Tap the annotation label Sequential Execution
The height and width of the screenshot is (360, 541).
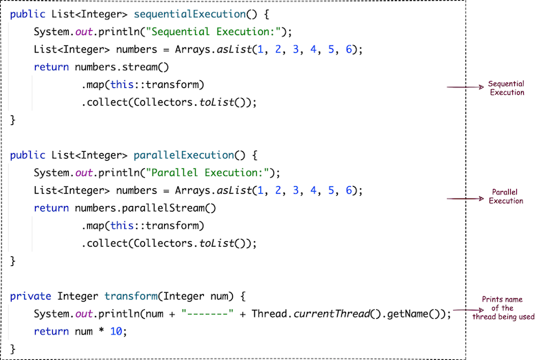[x=506, y=88]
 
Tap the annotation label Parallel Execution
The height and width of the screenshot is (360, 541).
[x=506, y=196]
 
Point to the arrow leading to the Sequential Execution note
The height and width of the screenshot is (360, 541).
[x=465, y=87]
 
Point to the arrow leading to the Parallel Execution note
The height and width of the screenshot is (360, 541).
[x=465, y=199]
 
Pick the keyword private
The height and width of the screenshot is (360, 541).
[x=31, y=296]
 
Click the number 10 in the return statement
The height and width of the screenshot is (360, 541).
[x=120, y=332]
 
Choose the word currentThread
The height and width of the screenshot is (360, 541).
[x=328, y=314]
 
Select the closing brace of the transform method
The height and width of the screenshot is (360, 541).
[x=13, y=349]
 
